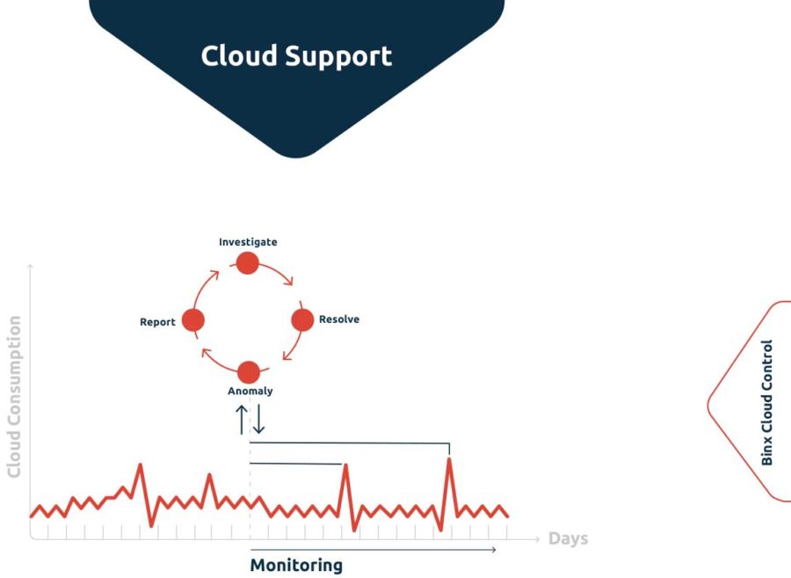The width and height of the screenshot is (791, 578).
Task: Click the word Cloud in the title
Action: coord(239,55)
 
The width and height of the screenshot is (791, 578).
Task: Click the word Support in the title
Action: coord(338,57)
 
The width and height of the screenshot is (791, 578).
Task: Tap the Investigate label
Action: coord(248,242)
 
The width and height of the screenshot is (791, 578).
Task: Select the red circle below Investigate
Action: coord(248,263)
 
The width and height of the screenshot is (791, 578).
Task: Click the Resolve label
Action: coord(339,319)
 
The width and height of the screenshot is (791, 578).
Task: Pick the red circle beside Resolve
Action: coord(302,320)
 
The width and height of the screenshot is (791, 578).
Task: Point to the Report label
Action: coord(157,322)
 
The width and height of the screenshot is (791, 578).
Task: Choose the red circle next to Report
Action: coord(193,320)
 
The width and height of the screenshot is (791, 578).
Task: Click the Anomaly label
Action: coord(250,391)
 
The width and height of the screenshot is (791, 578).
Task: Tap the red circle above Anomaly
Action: coord(249,372)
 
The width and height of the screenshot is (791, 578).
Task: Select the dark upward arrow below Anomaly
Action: coord(242,420)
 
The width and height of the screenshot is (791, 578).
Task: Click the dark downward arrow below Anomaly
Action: coord(258,420)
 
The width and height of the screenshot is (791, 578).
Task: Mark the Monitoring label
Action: coord(296,565)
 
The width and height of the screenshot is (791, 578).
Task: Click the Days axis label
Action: coord(568,538)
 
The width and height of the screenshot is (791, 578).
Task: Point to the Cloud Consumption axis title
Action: coord(14,397)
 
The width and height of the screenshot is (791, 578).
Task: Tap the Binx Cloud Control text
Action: coord(766,403)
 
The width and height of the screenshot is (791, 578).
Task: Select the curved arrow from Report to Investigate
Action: coord(203,285)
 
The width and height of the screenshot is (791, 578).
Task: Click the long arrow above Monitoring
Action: coord(374,549)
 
